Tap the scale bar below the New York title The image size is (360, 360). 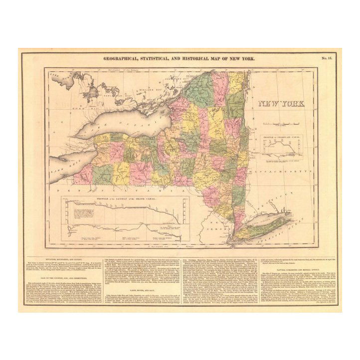pyautogui.click(x=282, y=122)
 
